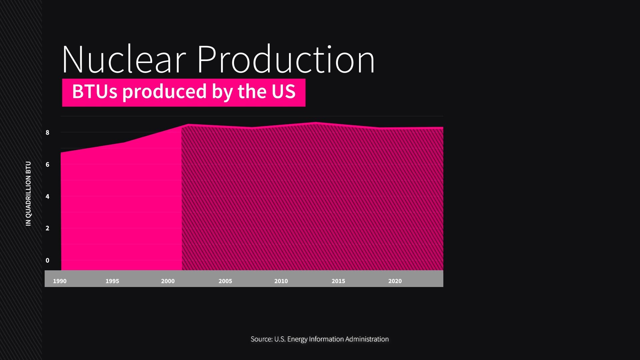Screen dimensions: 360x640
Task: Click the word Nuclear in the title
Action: pyautogui.click(x=123, y=60)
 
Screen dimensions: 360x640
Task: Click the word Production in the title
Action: pyautogui.click(x=286, y=60)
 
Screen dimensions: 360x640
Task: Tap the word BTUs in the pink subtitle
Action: pyautogui.click(x=95, y=92)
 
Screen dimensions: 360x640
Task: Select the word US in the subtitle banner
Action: pyautogui.click(x=283, y=92)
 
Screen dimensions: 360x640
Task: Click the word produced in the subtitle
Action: pyautogui.click(x=165, y=92)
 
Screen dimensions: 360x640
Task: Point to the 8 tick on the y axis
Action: pyautogui.click(x=47, y=133)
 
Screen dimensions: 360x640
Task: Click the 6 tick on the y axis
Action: pyautogui.click(x=47, y=165)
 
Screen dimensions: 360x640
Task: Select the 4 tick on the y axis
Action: pyautogui.click(x=47, y=197)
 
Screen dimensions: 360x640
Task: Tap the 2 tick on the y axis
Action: pyautogui.click(x=47, y=228)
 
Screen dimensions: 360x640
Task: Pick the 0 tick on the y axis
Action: pyautogui.click(x=47, y=261)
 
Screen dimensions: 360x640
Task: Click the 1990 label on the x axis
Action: pyautogui.click(x=60, y=281)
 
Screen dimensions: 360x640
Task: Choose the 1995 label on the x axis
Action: pyautogui.click(x=112, y=281)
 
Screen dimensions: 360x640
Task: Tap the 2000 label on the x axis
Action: pyautogui.click(x=168, y=281)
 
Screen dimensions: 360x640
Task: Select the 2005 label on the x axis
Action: pyautogui.click(x=225, y=281)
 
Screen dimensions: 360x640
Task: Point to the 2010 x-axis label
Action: pyautogui.click(x=281, y=281)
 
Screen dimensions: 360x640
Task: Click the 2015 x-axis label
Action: pyautogui.click(x=338, y=281)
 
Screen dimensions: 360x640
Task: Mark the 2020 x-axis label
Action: pyautogui.click(x=395, y=281)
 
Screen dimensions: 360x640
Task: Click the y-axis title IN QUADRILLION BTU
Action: pyautogui.click(x=28, y=194)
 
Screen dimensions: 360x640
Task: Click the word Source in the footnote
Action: pyautogui.click(x=261, y=339)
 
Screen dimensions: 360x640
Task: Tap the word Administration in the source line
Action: pyautogui.click(x=367, y=339)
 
